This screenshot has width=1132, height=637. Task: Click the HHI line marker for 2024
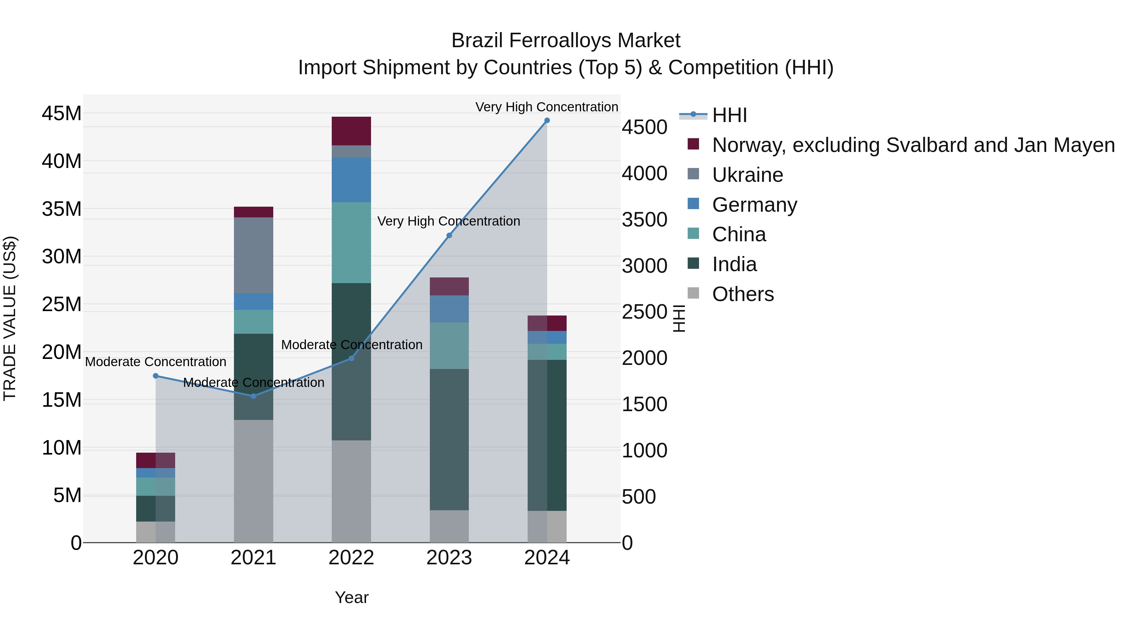(547, 120)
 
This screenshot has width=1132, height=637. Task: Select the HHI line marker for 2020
(156, 376)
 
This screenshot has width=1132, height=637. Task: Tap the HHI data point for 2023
(449, 236)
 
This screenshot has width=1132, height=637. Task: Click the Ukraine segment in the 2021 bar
(253, 255)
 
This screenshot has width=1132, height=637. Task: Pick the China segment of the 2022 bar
(351, 242)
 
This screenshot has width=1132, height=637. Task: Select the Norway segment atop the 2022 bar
(351, 131)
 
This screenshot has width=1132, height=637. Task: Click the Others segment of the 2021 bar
(253, 481)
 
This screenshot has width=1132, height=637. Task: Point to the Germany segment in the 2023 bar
(449, 309)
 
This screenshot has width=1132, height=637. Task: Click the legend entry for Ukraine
(747, 175)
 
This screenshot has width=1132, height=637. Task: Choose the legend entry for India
(734, 264)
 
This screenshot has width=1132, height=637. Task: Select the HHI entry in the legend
(730, 115)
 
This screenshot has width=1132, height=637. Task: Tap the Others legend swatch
(693, 293)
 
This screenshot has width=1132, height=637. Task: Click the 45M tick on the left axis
(62, 114)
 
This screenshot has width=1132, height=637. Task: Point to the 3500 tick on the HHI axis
(644, 220)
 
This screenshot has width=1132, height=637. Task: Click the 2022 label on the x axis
(351, 558)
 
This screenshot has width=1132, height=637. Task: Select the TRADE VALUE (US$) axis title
(10, 318)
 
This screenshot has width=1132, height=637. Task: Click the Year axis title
(352, 597)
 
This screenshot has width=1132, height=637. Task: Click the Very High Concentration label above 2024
(547, 107)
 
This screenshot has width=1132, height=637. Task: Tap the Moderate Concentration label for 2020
(156, 362)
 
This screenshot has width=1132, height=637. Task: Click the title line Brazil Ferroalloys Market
(566, 41)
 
